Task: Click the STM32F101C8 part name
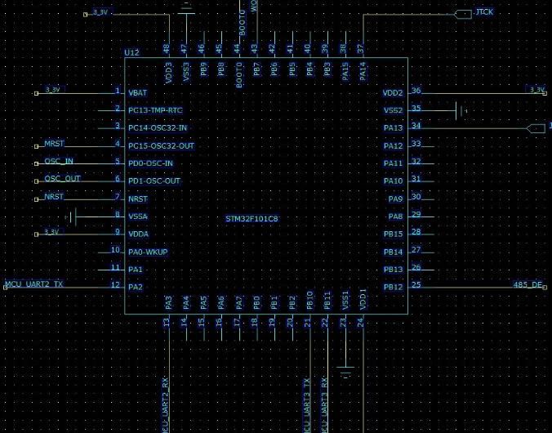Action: click(x=252, y=219)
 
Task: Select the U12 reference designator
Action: click(x=131, y=52)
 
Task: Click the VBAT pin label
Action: click(x=137, y=92)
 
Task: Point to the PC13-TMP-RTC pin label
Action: click(x=155, y=110)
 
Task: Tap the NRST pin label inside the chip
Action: click(x=138, y=199)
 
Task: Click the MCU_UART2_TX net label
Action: click(x=34, y=284)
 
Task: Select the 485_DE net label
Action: click(x=527, y=284)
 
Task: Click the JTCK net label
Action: click(x=483, y=12)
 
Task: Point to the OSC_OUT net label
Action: click(x=63, y=179)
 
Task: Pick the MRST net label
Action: click(x=54, y=144)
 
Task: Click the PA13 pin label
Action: click(x=393, y=128)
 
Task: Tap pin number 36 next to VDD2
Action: click(x=416, y=91)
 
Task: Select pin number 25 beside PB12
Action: click(x=416, y=284)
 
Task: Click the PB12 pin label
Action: click(x=393, y=287)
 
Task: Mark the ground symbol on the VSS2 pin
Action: click(x=461, y=109)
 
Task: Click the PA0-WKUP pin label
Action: click(x=148, y=252)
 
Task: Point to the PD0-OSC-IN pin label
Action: click(x=150, y=163)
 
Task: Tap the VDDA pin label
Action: click(x=138, y=234)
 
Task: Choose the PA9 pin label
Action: click(x=395, y=199)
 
